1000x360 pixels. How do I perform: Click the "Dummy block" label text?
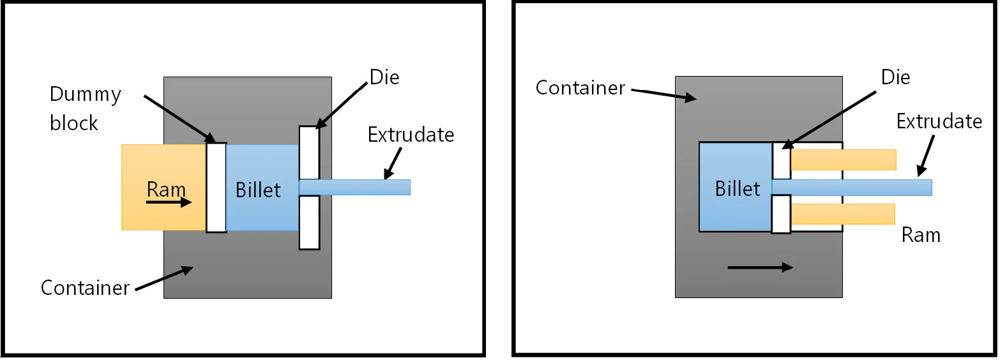coord(85,109)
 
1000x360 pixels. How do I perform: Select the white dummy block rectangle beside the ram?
coord(216,187)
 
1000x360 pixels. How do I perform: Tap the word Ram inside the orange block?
coord(166,190)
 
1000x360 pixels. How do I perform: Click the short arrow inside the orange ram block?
coord(168,203)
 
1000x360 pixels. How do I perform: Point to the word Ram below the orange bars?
coord(921,235)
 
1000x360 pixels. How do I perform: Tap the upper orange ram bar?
coord(843,160)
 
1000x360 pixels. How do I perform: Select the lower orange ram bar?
coord(842,214)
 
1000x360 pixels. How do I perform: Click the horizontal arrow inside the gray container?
coord(760,268)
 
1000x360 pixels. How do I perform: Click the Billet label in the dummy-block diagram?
coord(258,190)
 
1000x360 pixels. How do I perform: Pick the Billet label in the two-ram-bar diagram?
coord(738,189)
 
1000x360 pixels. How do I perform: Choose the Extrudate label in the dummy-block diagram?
coord(411,135)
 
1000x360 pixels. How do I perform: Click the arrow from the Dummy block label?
coord(179,117)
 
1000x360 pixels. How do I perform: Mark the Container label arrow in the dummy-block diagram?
coord(164,279)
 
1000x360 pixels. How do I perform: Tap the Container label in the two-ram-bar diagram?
coord(580,87)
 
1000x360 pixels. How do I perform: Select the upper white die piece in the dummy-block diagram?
coord(309,152)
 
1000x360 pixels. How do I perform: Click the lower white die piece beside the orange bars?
coord(781,214)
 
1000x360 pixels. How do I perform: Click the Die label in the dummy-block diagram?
coord(384,78)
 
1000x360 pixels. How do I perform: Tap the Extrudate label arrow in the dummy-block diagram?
coord(393,163)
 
